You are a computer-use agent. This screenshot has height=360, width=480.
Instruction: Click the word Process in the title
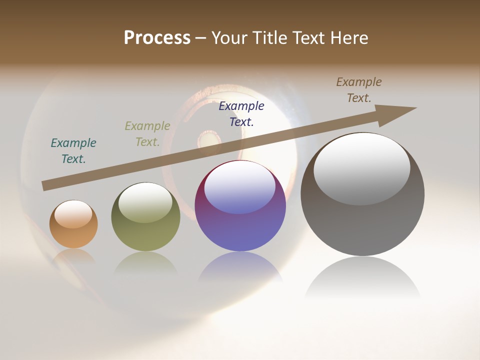[157, 38]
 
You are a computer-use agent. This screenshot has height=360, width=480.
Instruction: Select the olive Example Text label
[147, 134]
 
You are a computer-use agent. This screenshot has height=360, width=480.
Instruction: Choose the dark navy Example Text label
[241, 113]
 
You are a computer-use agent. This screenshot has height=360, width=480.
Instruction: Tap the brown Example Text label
[359, 90]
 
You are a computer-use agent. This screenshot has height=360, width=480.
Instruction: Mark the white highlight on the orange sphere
[73, 214]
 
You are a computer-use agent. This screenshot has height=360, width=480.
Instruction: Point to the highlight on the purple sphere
[239, 187]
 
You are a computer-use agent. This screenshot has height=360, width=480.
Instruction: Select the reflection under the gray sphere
[362, 280]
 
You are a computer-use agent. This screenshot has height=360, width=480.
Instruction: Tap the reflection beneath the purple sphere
[240, 267]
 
